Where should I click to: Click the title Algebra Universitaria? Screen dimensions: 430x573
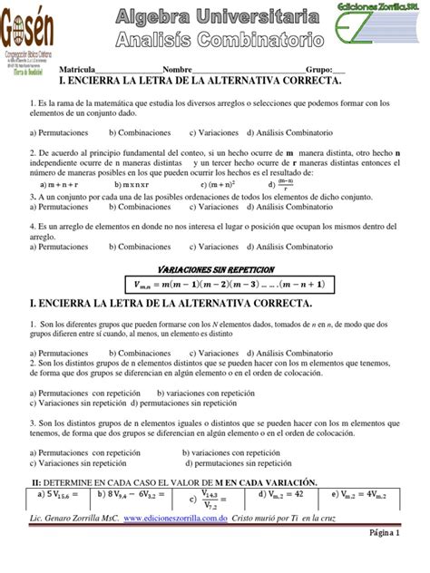pyautogui.click(x=219, y=15)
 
